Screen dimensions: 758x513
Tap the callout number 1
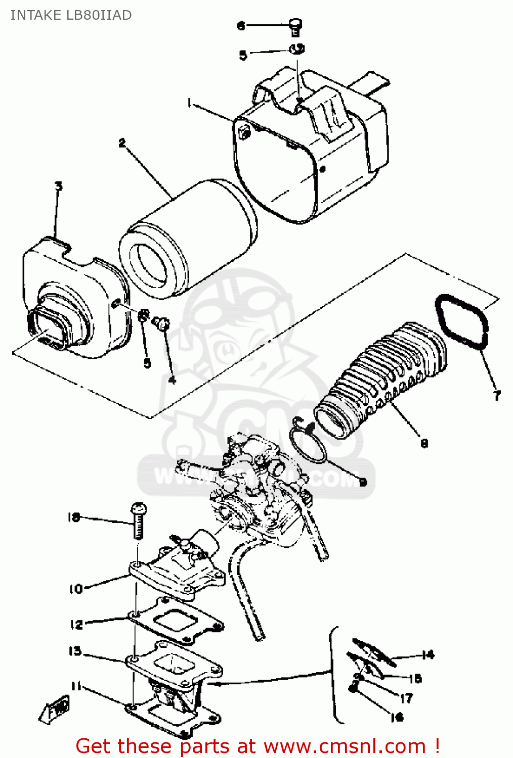[x=189, y=104]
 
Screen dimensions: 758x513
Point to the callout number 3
[x=59, y=186]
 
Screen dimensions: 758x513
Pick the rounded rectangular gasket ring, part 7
[x=462, y=322]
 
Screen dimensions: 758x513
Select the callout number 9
[x=363, y=482]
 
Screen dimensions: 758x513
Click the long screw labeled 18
[x=138, y=520]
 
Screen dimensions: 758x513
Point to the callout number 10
[x=76, y=589]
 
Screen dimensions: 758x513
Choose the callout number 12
[x=76, y=625]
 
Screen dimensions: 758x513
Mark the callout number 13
[x=75, y=651]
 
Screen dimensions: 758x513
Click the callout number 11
[x=76, y=686]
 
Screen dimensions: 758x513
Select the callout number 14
[x=428, y=655]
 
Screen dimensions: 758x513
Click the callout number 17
[x=406, y=698]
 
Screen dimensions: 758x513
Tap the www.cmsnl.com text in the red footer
[x=345, y=746]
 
